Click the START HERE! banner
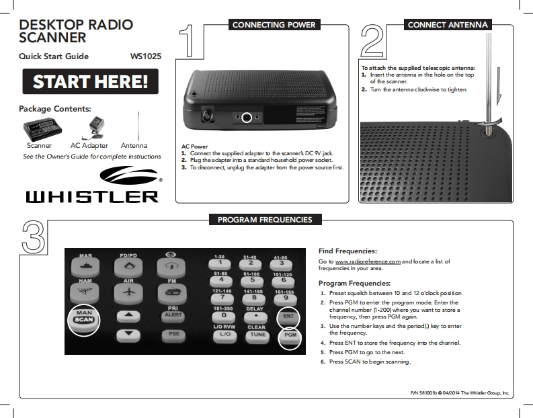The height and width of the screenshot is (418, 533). [x=91, y=82]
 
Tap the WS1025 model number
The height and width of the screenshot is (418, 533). [x=146, y=56]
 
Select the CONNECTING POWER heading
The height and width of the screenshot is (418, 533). [x=273, y=25]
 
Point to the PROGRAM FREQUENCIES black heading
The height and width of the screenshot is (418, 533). [x=265, y=220]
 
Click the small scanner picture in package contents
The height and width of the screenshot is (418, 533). [x=39, y=128]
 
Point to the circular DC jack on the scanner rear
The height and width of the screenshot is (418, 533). [x=247, y=118]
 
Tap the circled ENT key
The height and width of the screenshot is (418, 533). [x=288, y=316]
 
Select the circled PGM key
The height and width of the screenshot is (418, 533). [x=290, y=334]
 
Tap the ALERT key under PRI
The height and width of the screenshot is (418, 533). [x=173, y=315]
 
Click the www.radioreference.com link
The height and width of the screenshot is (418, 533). [x=368, y=261]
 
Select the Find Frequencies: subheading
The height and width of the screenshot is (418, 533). [x=347, y=251]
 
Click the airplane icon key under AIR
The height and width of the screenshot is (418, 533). [x=128, y=292]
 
